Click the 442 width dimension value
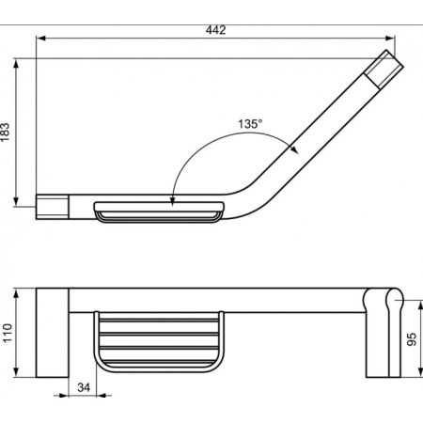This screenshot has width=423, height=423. click(x=215, y=30)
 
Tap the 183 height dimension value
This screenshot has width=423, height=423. click(x=6, y=133)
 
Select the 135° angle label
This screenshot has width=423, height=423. click(x=250, y=124)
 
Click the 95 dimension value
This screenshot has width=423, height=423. click(x=412, y=339)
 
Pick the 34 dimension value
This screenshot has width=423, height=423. click(x=84, y=387)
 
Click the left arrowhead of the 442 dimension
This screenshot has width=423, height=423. click(x=41, y=39)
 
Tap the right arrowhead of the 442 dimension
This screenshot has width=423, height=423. click(x=389, y=39)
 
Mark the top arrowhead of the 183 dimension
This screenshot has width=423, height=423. click(x=16, y=64)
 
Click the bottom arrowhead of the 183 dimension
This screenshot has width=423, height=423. click(x=16, y=201)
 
